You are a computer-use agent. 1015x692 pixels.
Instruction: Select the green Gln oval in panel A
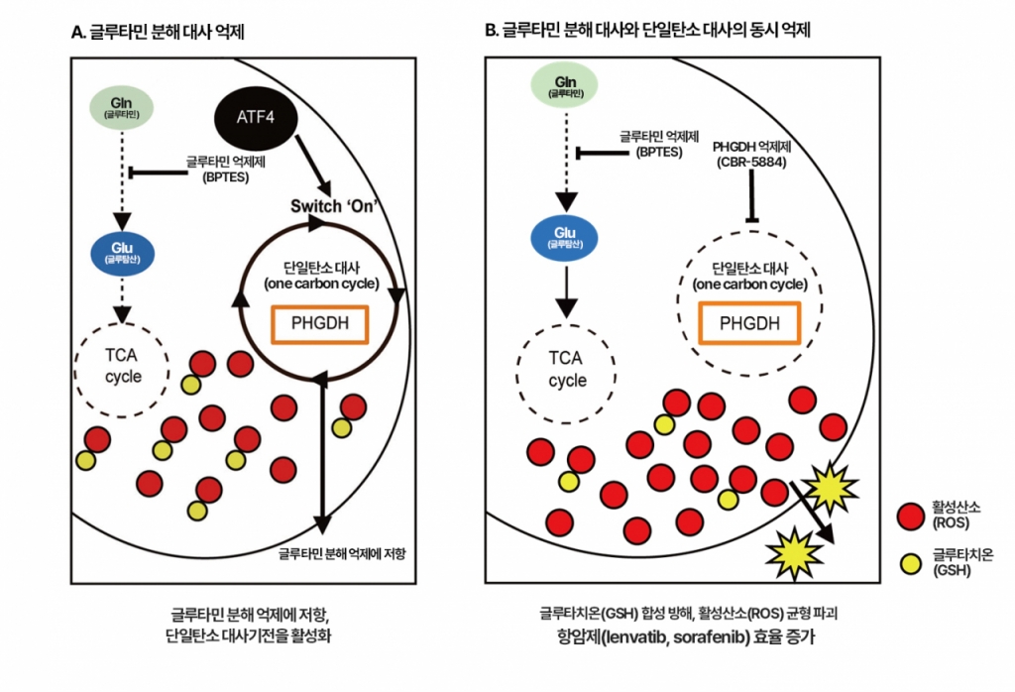pyautogui.click(x=121, y=106)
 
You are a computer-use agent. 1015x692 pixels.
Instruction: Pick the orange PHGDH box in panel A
pyautogui.click(x=320, y=324)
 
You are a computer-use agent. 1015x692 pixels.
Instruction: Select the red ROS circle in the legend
pyautogui.click(x=910, y=516)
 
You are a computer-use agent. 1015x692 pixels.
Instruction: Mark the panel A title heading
pyautogui.click(x=159, y=31)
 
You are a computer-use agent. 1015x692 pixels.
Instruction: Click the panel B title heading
pyautogui.click(x=647, y=31)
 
